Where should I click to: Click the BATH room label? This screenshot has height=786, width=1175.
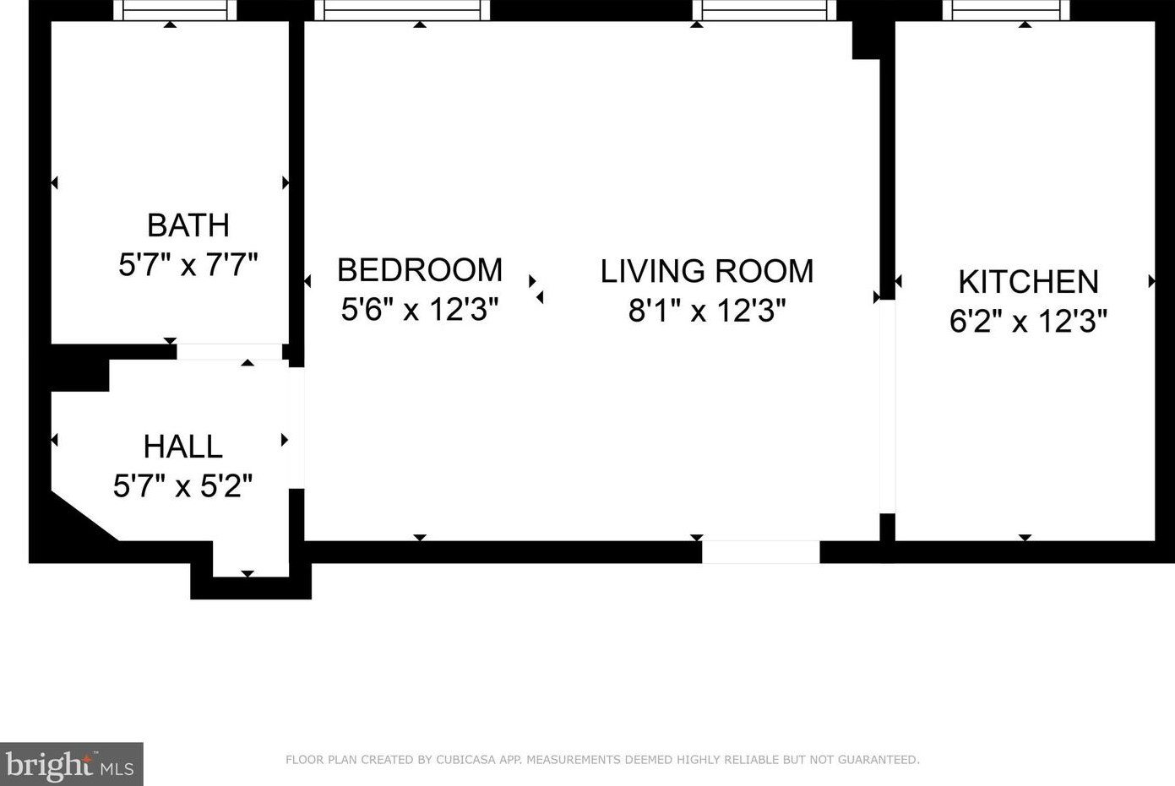[188, 225]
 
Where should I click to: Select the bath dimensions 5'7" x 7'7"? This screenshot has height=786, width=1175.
[188, 264]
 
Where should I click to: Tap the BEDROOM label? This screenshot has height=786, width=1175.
[420, 270]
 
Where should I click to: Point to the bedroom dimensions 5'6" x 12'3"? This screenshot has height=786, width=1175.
[420, 309]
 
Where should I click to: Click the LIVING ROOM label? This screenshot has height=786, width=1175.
[706, 271]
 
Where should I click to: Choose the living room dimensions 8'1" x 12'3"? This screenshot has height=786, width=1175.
[706, 310]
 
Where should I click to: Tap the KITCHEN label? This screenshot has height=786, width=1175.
[1028, 282]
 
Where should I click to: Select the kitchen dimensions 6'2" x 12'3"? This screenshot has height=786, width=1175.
[1028, 320]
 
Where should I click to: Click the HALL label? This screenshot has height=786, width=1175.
[182, 447]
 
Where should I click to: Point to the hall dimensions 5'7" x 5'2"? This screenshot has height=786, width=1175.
[182, 485]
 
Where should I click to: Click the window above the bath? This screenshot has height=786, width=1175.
[175, 10]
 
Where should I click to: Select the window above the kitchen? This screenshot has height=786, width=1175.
[1006, 10]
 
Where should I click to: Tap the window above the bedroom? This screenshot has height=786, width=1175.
[402, 10]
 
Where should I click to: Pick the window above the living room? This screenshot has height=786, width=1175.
[764, 10]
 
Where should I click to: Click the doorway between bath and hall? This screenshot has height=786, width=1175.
[229, 352]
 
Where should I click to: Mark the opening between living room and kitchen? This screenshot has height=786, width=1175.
[888, 406]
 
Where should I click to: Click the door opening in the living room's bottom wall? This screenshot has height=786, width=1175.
[760, 552]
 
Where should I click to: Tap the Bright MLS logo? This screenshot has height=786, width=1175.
[71, 764]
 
